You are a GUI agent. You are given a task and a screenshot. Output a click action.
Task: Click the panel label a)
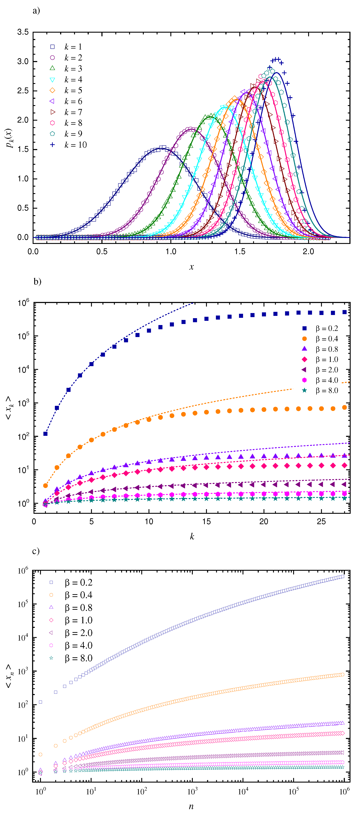36,11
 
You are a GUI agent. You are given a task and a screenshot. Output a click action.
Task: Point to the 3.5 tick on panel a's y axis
23,32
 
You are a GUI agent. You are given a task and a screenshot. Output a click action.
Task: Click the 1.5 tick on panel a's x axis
240,252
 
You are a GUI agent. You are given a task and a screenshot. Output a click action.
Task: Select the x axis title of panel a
191,267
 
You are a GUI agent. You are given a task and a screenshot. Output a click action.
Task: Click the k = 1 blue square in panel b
45,434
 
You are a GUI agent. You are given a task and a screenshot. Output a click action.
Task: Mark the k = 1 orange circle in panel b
45,486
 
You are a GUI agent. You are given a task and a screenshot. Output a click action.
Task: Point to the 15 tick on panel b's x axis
206,521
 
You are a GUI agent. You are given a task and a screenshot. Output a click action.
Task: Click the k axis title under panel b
192,536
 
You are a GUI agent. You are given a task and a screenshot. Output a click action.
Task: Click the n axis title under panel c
191,807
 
